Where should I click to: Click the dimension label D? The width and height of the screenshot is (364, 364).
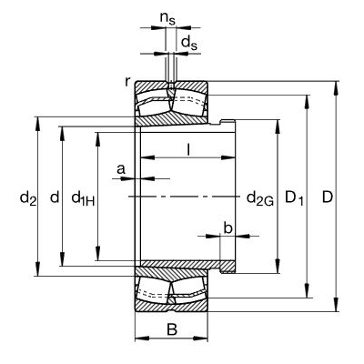(x=328, y=197)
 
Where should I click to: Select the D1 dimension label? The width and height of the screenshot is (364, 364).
(x=294, y=198)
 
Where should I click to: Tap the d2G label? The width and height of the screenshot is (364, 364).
(x=260, y=199)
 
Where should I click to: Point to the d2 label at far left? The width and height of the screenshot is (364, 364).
(x=28, y=198)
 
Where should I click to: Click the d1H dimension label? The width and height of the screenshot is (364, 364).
(x=83, y=198)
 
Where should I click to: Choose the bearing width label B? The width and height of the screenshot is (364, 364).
(x=172, y=329)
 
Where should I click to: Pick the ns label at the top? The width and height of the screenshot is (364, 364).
(x=167, y=19)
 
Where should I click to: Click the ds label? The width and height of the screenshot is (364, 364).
(x=189, y=43)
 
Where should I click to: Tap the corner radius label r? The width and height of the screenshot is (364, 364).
(x=127, y=81)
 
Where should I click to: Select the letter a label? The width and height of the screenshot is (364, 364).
(x=121, y=169)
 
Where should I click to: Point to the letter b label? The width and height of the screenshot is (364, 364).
(x=227, y=227)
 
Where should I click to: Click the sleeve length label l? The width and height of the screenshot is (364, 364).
(x=188, y=149)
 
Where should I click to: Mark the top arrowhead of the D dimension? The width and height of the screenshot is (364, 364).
(x=336, y=88)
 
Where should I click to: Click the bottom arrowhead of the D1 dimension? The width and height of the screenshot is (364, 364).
(x=308, y=290)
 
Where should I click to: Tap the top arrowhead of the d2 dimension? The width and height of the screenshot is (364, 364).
(x=37, y=124)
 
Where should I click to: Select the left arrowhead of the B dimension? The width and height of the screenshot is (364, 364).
(x=142, y=338)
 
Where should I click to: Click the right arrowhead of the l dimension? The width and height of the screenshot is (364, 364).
(x=228, y=157)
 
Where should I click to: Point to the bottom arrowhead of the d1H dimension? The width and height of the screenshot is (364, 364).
(x=97, y=253)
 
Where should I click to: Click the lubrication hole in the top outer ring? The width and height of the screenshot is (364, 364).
(x=171, y=86)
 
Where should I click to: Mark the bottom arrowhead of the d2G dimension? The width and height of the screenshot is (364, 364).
(x=278, y=266)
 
